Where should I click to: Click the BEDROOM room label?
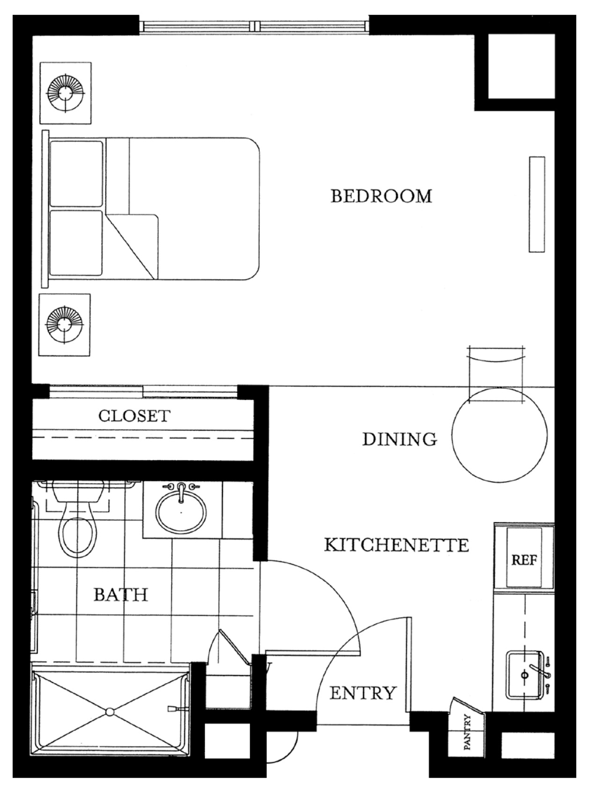381,196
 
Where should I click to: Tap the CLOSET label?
134,416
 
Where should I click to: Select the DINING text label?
400,439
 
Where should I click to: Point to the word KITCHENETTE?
396,545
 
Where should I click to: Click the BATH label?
121,594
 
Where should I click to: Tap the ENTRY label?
363,693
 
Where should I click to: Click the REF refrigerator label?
524,560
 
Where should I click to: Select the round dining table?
499,434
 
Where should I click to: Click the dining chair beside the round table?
496,369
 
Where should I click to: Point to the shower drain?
110,712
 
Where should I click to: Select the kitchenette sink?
524,675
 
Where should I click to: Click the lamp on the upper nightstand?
66,93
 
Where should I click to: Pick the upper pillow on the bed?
76,174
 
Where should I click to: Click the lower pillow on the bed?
76,243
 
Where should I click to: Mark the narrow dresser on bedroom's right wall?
537,204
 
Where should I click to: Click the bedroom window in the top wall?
254,26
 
